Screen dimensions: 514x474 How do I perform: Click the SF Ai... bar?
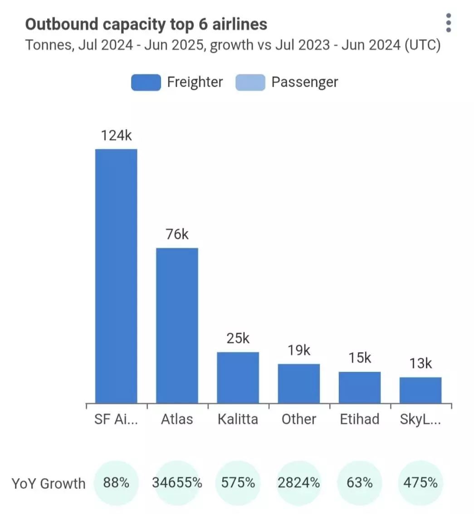[116, 276]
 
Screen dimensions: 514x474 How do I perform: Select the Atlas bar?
[177, 325]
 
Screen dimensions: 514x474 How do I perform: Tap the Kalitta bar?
[238, 377]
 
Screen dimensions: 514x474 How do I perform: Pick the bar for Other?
[299, 383]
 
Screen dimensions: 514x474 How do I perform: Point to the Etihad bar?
[360, 387]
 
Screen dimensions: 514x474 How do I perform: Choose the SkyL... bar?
[420, 390]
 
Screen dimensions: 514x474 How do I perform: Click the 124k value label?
[116, 136]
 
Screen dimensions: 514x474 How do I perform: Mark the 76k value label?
[177, 235]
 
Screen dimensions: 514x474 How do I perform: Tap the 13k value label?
[420, 364]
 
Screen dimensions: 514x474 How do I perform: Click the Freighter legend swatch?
[146, 83]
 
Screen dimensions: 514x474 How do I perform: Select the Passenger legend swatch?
[250, 83]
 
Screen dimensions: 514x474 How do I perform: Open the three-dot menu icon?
[448, 23]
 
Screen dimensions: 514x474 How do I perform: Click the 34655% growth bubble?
[177, 483]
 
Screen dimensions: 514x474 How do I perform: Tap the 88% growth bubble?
[116, 483]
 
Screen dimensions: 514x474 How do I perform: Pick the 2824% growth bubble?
[299, 483]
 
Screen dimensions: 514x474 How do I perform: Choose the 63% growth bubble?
[360, 483]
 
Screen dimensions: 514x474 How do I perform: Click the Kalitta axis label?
[238, 419]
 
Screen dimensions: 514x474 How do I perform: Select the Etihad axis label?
[360, 419]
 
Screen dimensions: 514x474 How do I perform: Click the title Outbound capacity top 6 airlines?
[146, 24]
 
